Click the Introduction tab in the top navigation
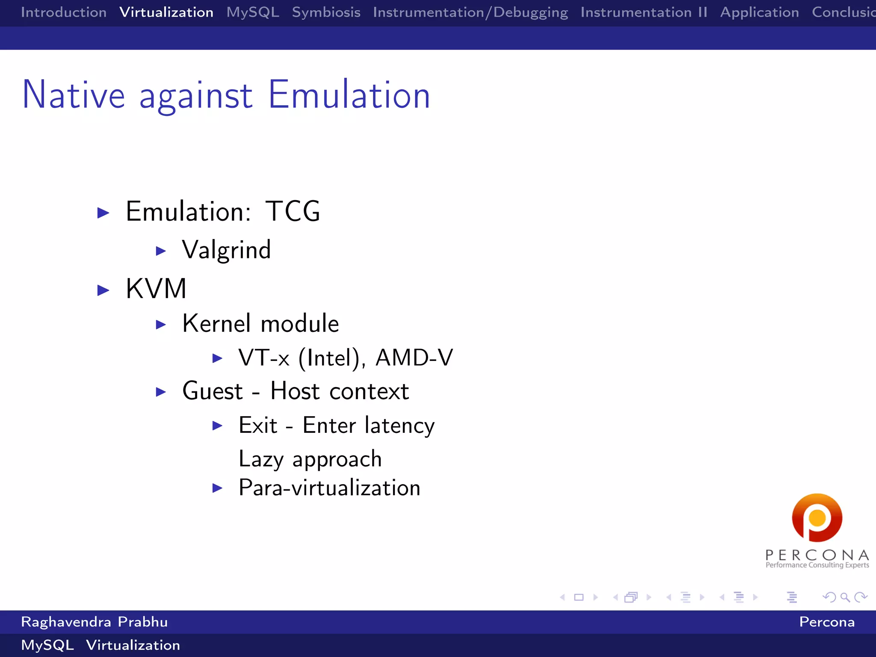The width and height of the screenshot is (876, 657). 64,12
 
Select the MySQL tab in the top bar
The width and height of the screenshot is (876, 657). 253,12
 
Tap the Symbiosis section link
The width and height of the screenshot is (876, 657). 326,12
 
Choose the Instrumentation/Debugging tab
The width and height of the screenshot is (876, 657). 470,12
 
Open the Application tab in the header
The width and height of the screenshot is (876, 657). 759,12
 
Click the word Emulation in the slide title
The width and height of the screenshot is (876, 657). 349,95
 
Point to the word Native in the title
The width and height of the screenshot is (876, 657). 74,95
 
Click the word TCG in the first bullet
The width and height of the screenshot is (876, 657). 293,211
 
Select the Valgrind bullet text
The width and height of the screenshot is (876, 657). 226,250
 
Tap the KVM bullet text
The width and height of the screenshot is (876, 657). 156,289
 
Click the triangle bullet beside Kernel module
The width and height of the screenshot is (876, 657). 161,325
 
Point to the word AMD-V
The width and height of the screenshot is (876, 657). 414,358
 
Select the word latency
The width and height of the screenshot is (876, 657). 400,426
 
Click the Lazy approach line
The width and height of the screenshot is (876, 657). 310,459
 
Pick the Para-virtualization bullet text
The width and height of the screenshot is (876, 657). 329,488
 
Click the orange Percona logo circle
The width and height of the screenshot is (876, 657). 817,518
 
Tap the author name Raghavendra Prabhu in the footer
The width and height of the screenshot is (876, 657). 94,622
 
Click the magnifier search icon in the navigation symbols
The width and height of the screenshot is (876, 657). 845,597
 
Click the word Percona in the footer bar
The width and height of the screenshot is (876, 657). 826,622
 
